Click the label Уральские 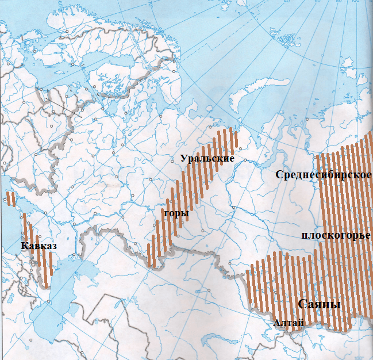[x=207, y=158]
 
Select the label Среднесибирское [x=323, y=175]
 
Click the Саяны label [x=319, y=304]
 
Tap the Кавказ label [x=39, y=246]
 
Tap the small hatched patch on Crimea [x=10, y=198]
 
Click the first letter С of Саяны [x=302, y=304]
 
